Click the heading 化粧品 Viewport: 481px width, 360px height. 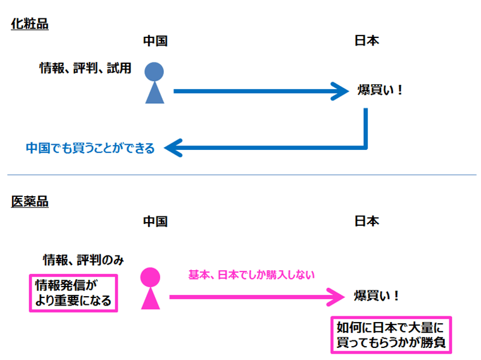tap(30, 25)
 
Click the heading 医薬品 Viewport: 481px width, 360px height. tap(30, 202)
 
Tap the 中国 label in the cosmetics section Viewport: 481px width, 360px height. tap(154, 41)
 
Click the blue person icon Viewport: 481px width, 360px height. tap(154, 84)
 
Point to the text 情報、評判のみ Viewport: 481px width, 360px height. tap(83, 259)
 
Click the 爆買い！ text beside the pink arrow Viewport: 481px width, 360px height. tap(377, 295)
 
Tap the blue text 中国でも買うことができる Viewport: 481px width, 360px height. tap(90, 149)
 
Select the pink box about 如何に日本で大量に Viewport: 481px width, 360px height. tap(391, 335)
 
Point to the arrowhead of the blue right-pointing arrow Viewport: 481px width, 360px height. tap(342, 91)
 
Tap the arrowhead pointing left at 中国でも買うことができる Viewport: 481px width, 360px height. tap(172, 147)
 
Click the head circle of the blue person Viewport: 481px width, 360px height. tap(154, 71)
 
